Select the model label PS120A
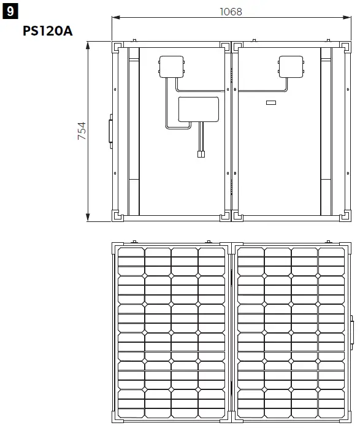(47, 31)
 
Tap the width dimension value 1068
(230, 12)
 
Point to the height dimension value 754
(82, 131)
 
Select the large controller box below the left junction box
(198, 109)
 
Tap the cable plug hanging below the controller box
(201, 155)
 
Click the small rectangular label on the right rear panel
(271, 102)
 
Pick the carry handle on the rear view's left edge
(110, 131)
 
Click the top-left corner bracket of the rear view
(117, 47)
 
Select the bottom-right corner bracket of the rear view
(346, 216)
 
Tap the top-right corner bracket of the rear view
(346, 47)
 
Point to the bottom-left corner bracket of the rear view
(117, 216)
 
